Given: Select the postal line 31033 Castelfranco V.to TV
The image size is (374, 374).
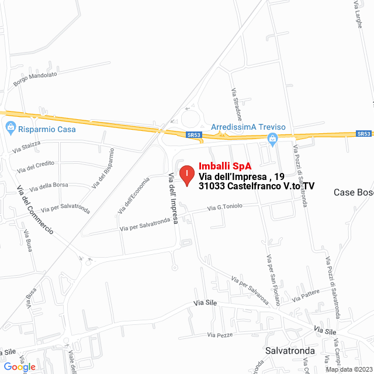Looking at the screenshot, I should click(257, 186).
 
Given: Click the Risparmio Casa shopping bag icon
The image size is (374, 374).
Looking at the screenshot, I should click(10, 127).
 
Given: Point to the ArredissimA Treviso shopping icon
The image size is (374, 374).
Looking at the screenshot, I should click(271, 138).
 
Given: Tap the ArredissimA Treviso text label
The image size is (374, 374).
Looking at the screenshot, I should click(248, 127).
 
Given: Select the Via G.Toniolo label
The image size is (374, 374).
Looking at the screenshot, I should click(224, 207).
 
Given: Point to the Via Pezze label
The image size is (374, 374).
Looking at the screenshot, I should click(220, 335).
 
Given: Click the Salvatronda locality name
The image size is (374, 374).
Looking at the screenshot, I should click(289, 351).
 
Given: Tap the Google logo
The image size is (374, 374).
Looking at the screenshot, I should click(19, 367).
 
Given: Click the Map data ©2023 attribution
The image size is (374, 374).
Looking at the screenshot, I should click(348, 369).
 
